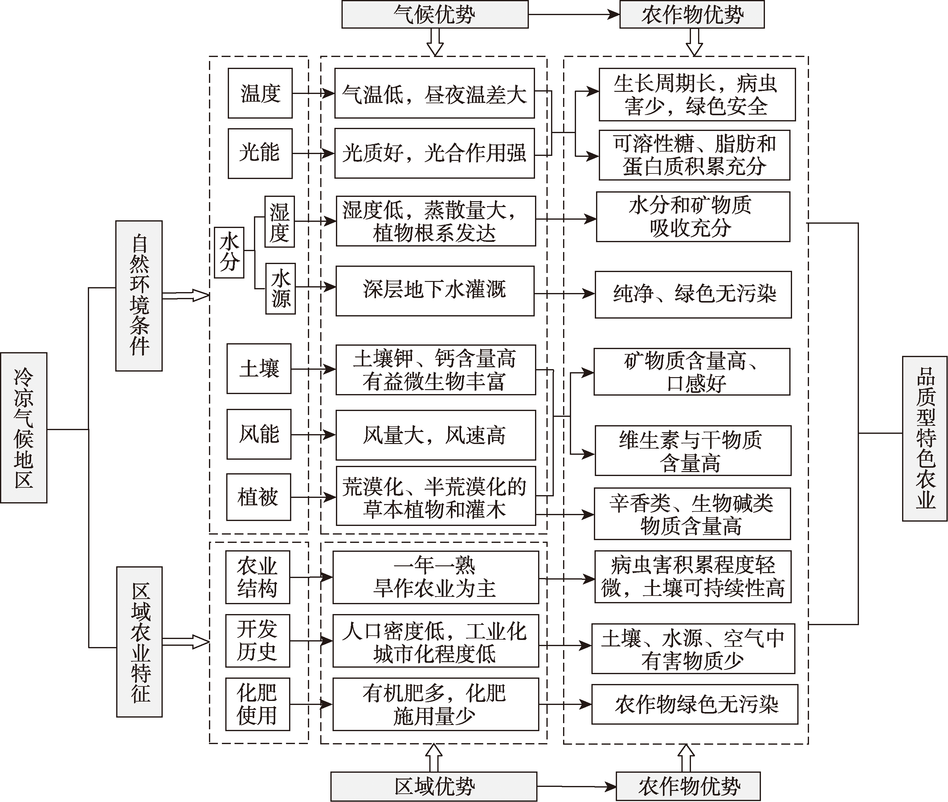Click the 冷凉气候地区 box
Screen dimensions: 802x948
click(24, 427)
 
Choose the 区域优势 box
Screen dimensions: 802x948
click(433, 786)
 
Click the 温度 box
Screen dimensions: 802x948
click(260, 93)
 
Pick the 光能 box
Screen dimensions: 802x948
click(260, 153)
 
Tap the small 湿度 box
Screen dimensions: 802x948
click(280, 222)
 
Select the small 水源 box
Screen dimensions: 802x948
click(280, 288)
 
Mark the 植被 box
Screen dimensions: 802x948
click(259, 497)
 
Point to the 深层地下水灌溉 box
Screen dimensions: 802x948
click(435, 291)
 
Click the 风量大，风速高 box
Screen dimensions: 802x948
click(435, 435)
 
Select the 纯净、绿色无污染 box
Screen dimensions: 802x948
click(693, 295)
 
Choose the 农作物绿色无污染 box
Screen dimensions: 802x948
click(694, 704)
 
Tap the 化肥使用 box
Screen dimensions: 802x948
click(257, 704)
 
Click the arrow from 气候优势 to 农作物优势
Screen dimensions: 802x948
click(574, 14)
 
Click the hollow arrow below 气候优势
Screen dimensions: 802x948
click(435, 42)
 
